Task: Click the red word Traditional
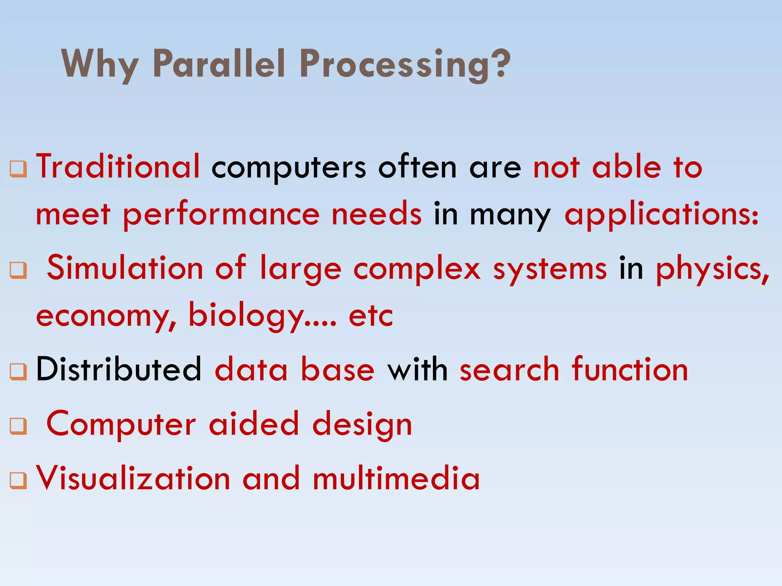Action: coord(118,166)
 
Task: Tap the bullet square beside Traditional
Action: coord(18,168)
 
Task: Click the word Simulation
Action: coord(125,268)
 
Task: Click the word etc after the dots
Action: coord(371,316)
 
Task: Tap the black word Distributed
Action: coord(118,369)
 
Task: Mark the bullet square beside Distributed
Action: coord(18,371)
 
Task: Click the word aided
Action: coord(254,424)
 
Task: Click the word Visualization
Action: coord(133,478)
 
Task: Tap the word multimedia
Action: coord(396,478)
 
